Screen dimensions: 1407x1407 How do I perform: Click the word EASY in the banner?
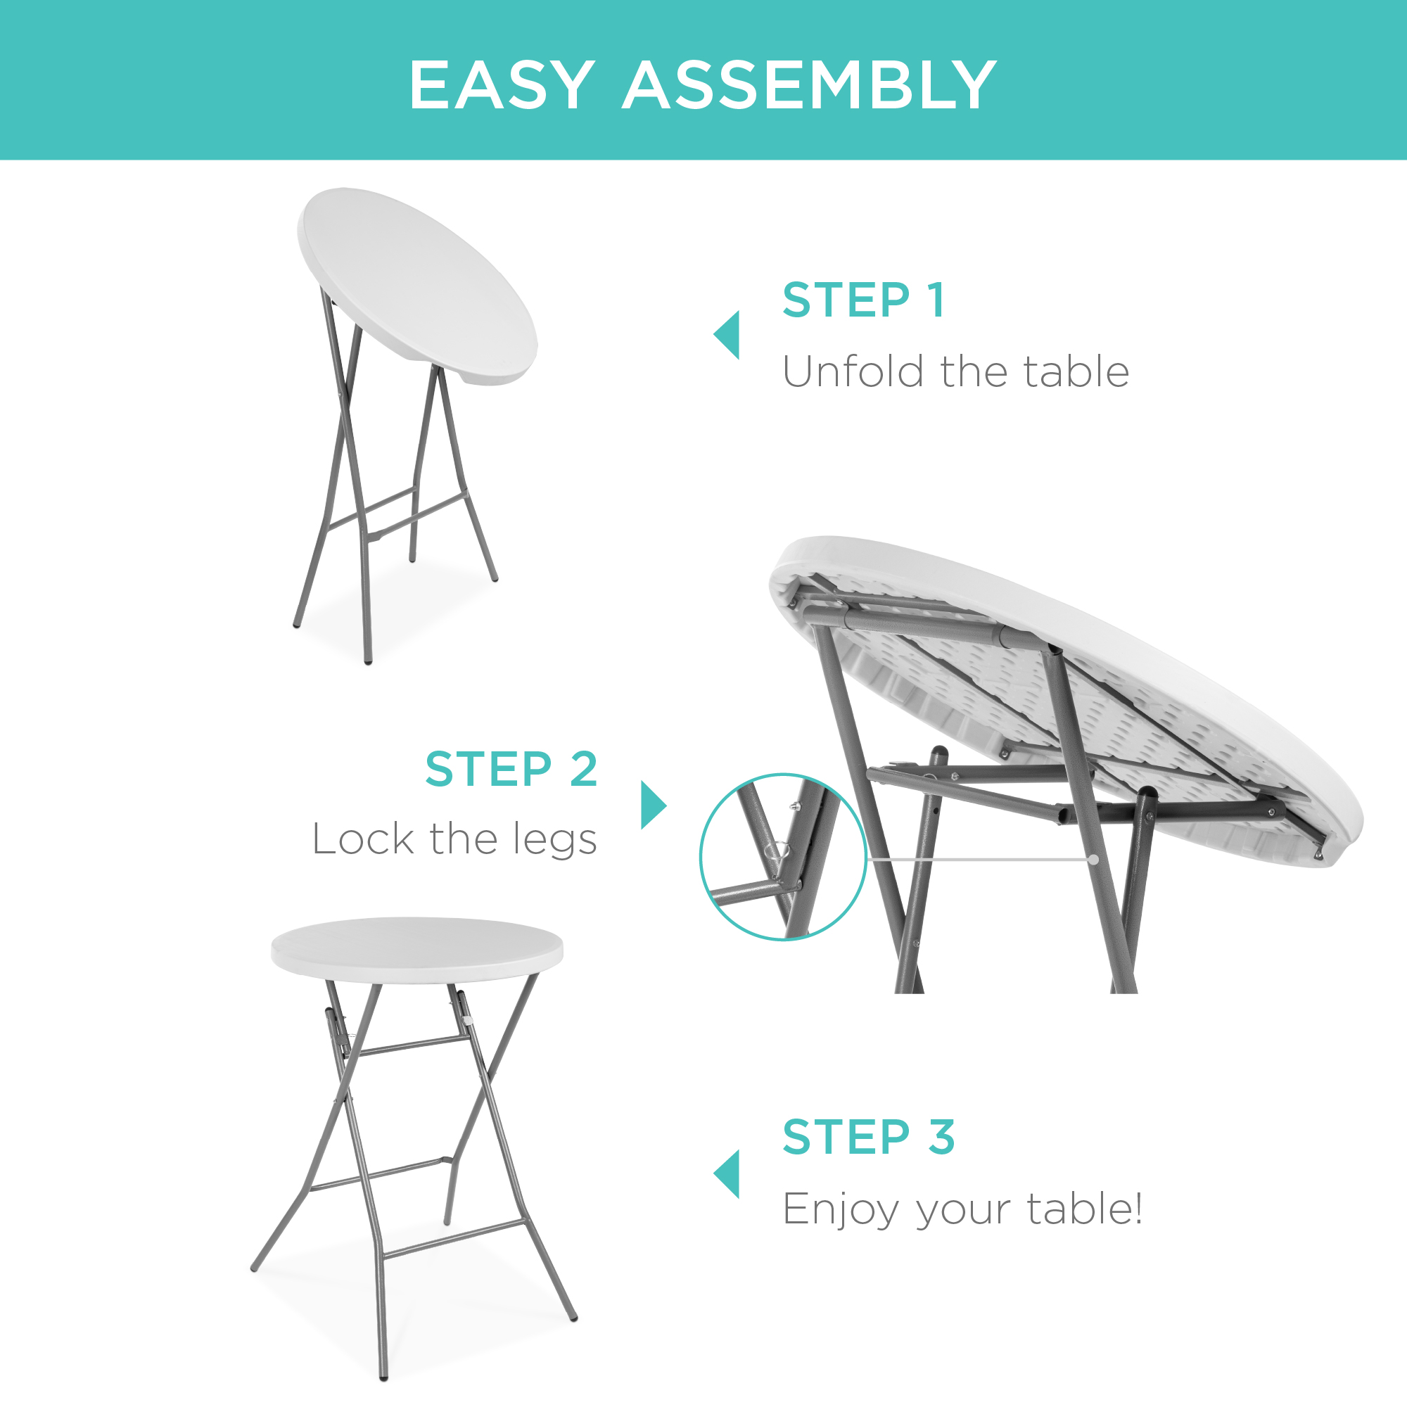pos(501,86)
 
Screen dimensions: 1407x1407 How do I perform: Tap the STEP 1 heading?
pos(864,300)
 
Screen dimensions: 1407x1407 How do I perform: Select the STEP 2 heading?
pos(511,769)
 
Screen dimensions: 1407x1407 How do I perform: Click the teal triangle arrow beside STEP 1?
pos(727,335)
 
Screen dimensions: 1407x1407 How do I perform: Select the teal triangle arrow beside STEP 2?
pos(652,805)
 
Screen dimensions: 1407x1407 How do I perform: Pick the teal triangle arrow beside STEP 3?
pos(727,1174)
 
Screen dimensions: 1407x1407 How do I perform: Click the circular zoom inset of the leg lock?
pos(783,857)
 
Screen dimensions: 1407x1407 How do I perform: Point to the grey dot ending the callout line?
pos(1094,860)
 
